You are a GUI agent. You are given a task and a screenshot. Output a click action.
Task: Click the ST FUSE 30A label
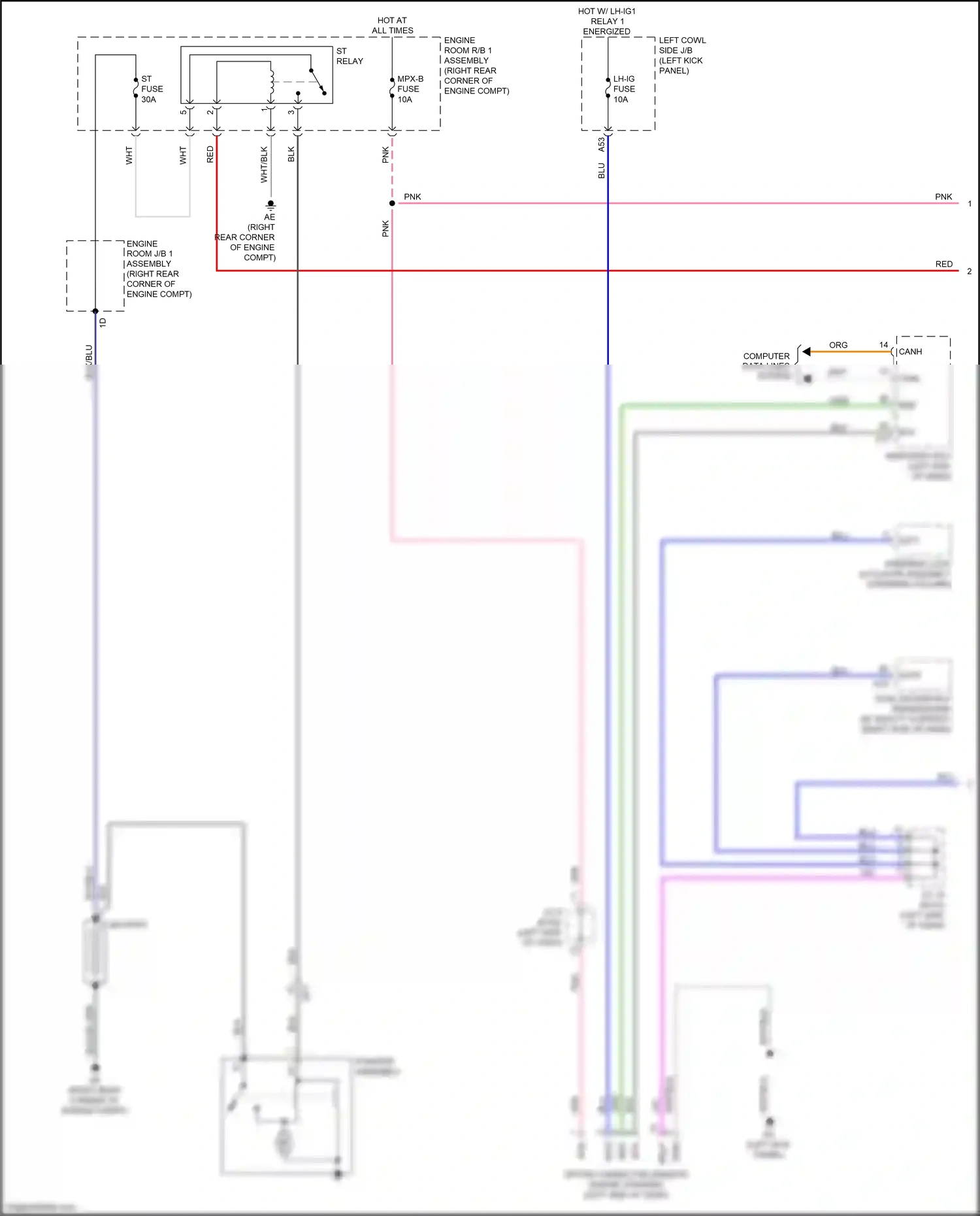(152, 89)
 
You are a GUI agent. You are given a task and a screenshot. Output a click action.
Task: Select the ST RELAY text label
(350, 56)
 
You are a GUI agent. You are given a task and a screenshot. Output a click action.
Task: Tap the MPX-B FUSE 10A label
(410, 89)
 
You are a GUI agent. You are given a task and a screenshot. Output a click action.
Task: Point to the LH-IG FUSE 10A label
(623, 89)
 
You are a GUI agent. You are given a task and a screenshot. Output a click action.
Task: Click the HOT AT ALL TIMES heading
(392, 25)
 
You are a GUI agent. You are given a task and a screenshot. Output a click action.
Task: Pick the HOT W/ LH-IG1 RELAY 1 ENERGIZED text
(606, 21)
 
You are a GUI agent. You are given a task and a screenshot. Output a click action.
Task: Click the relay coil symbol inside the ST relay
(271, 80)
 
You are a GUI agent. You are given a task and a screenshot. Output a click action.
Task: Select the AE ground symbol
(270, 205)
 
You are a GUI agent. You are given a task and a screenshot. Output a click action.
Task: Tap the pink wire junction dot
(392, 203)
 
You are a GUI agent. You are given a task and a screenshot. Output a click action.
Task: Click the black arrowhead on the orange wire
(807, 352)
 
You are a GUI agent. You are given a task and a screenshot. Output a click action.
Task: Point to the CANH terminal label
(910, 352)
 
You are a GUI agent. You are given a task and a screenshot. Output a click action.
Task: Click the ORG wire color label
(838, 345)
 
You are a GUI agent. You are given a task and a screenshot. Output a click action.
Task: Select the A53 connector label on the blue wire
(601, 145)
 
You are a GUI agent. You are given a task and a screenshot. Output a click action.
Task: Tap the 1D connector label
(103, 322)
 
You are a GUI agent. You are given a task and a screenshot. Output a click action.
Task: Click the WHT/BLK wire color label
(264, 164)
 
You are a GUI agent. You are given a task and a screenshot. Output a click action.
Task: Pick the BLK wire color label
(291, 154)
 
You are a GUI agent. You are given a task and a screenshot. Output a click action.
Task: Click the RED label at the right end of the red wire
(943, 264)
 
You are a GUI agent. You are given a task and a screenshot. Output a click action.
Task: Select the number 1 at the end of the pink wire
(970, 204)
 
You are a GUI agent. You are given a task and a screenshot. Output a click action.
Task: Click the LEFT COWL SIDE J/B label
(681, 56)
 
